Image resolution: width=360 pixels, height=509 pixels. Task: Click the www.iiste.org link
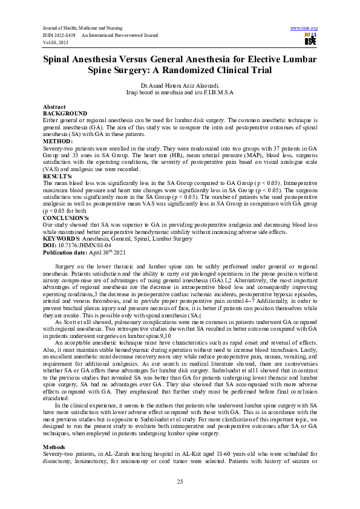click(x=304, y=28)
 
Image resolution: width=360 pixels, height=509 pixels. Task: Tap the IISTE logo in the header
click(x=310, y=39)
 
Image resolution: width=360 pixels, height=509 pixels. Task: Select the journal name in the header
click(x=82, y=28)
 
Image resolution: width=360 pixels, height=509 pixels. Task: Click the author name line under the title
click(x=180, y=86)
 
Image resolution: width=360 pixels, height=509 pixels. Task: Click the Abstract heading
click(x=54, y=107)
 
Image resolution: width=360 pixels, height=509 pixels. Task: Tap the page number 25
click(x=180, y=481)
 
